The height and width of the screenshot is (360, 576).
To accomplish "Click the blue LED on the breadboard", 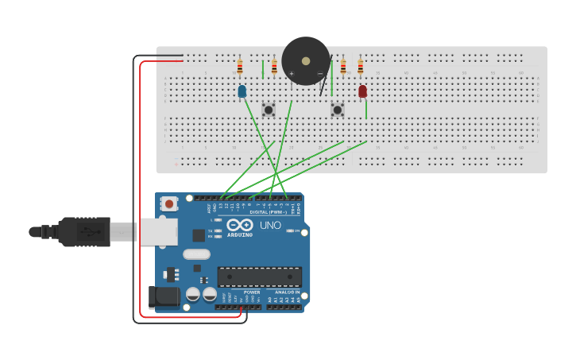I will click(x=242, y=92).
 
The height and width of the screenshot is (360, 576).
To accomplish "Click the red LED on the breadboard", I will click(x=362, y=91).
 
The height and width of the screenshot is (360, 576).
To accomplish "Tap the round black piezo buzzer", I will click(x=306, y=60).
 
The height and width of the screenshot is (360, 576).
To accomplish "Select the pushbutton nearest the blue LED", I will click(x=269, y=110).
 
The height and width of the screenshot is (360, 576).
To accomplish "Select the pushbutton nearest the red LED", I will click(x=337, y=110).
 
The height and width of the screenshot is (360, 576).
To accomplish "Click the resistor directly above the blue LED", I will click(x=239, y=68).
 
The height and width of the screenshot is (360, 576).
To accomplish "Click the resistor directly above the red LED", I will click(x=360, y=67).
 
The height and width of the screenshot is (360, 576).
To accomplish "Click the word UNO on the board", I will click(x=270, y=225).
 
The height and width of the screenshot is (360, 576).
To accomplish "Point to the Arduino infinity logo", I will click(x=239, y=225).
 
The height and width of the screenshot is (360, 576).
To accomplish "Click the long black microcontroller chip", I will click(x=259, y=277).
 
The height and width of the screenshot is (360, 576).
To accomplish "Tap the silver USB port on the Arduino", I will click(x=158, y=231).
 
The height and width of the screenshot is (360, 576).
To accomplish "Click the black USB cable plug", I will click(x=83, y=232).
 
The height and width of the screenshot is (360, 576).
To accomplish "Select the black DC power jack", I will click(x=164, y=298).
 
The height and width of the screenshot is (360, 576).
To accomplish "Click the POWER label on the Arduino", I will click(x=251, y=292).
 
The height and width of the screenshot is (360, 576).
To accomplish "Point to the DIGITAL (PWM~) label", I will click(x=269, y=212).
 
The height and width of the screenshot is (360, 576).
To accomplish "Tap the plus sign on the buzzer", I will click(x=292, y=74).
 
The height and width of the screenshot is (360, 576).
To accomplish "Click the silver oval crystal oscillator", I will click(x=196, y=254).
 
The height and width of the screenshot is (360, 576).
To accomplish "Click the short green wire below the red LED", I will click(x=365, y=110).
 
